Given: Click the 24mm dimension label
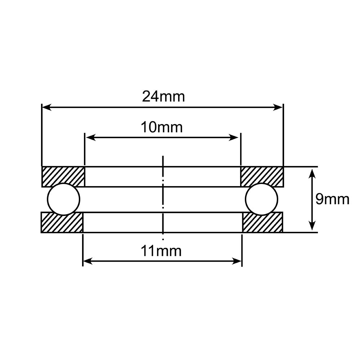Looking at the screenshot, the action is pos(163,96).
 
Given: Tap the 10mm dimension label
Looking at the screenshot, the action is pos(162,127).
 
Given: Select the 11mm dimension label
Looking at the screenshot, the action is pos(161,251).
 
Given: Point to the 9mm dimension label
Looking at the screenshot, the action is pos(332,199).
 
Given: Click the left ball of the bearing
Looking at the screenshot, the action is pos(64,199).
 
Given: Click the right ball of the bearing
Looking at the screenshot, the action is pos(261,199).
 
